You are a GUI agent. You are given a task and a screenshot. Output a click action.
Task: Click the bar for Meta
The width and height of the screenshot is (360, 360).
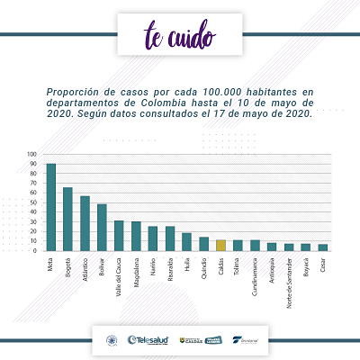tap(51, 206)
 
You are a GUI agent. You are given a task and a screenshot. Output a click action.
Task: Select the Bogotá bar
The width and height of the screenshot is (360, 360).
tap(67, 218)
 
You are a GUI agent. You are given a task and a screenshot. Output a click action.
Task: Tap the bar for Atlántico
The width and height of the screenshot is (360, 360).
tap(85, 222)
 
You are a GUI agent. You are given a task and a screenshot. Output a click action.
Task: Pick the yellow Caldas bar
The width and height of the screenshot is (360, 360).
tap(220, 244)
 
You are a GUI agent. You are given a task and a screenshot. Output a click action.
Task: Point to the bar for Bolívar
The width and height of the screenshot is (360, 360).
tap(102, 227)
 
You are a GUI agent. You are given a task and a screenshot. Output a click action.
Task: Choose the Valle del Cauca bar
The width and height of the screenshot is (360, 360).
tap(119, 235)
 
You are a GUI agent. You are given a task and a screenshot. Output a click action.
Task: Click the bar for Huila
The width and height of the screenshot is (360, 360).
tap(186, 241)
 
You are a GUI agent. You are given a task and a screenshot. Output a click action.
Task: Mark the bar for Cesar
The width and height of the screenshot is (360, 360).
tap(322, 247)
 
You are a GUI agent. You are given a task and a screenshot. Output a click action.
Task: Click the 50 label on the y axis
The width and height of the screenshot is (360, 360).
tap(33, 203)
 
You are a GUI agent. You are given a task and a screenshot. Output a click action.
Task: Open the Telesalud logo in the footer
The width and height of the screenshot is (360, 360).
tap(148, 339)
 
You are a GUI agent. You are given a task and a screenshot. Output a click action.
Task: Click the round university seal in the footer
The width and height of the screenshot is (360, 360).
tap(112, 339)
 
